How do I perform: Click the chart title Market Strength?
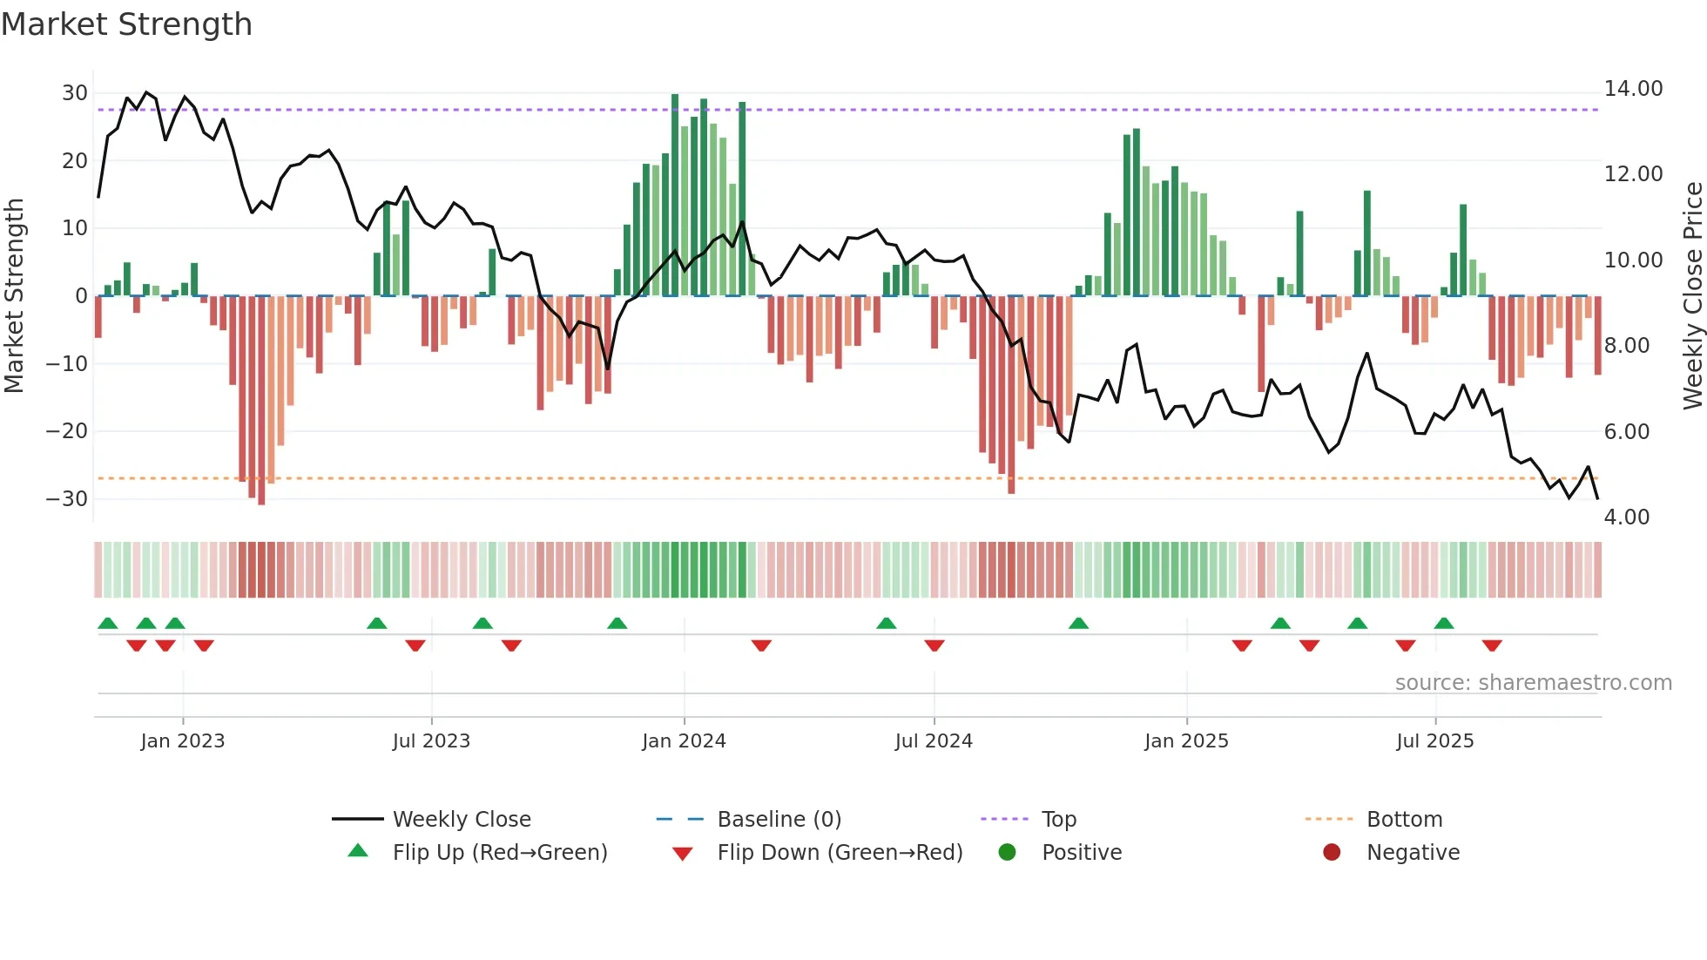tap(126, 24)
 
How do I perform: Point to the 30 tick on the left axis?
tap(75, 93)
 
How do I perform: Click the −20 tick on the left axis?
tap(67, 431)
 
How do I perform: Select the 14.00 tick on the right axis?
tap(1633, 89)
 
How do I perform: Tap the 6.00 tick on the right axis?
tap(1626, 432)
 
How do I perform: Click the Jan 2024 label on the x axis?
tap(684, 741)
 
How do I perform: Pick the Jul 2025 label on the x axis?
tap(1434, 741)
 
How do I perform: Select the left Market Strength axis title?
tap(14, 296)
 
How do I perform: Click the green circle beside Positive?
tap(1008, 853)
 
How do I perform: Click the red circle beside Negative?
tap(1332, 853)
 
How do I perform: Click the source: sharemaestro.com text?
tap(1533, 683)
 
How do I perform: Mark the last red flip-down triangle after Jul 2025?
tap(1492, 646)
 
